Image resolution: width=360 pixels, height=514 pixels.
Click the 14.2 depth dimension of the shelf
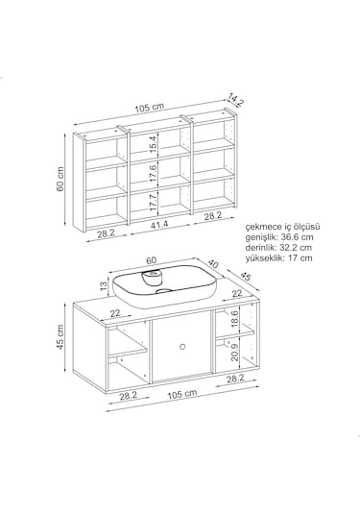point(236,100)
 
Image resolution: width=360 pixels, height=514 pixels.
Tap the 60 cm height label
point(60,179)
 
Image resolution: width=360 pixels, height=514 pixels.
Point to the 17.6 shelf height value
point(154,172)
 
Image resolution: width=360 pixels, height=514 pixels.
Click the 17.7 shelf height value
point(154,202)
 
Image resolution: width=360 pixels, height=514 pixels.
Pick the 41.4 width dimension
point(159,225)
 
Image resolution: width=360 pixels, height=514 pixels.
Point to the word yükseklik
point(265,258)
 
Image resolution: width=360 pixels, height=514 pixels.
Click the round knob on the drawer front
point(182,346)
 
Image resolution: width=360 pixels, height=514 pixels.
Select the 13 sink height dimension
point(104,285)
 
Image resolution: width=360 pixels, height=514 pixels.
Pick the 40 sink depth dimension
point(213,264)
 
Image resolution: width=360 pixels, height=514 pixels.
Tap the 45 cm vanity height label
point(60,337)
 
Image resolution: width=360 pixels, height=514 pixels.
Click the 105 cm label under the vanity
point(182,394)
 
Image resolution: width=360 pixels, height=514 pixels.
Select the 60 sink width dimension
point(152,260)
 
